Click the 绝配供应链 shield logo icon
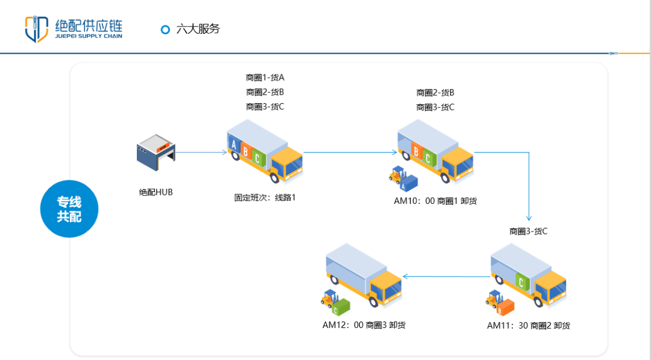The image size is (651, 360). pos(36,29)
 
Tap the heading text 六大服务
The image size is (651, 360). pos(198,29)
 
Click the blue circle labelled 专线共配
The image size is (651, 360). pos(69,209)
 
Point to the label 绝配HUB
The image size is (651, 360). pos(156,192)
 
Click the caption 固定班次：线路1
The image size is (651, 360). pos(265,197)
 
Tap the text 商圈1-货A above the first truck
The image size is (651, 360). pos(265,77)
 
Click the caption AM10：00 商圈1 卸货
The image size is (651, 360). pos(435,201)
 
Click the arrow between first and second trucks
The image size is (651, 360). pos(350,153)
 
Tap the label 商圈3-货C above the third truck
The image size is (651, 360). pos(528,231)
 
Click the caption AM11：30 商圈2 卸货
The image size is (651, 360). pos(528,326)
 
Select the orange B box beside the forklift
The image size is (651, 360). pos(504,306)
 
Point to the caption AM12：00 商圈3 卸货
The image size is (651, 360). pos(363,325)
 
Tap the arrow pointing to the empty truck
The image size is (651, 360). pos(446,276)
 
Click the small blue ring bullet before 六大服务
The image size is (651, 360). pos(166,30)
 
